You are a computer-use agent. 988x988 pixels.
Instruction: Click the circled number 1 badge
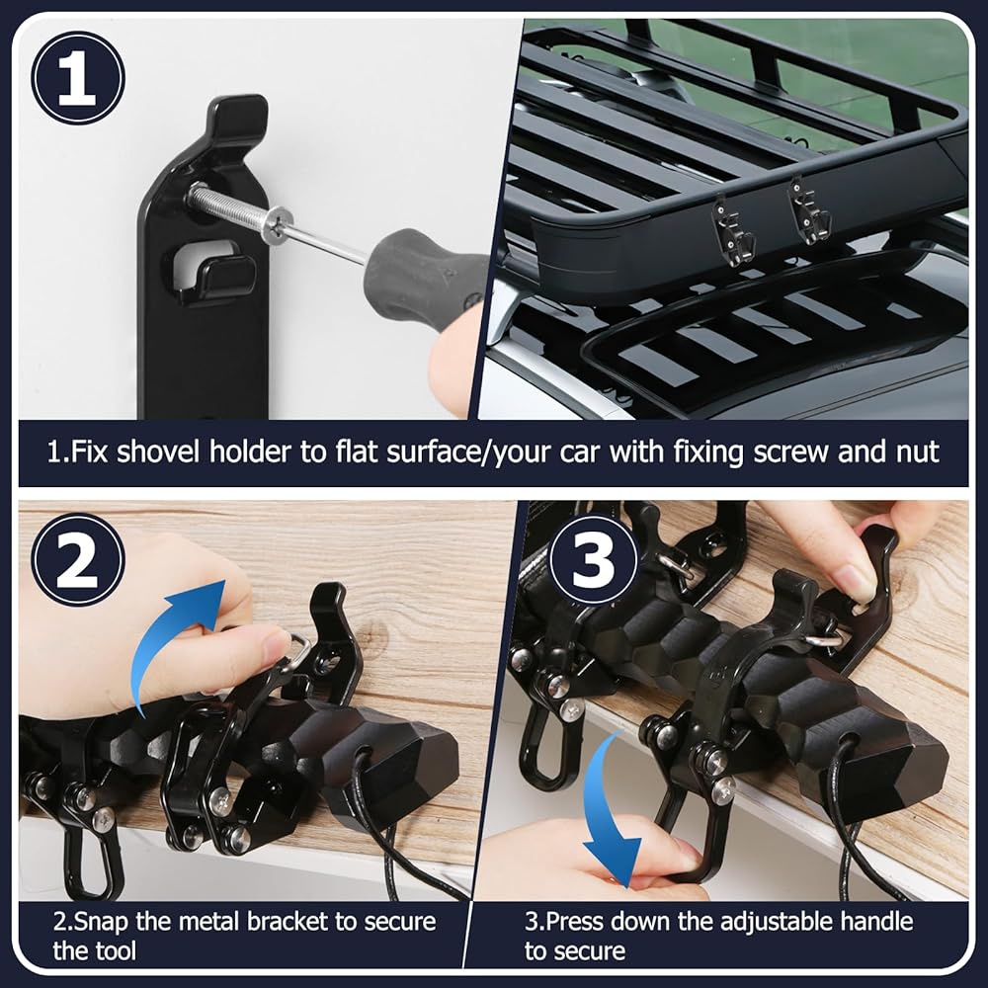coord(78,78)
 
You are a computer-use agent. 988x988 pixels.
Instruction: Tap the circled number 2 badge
coord(78,559)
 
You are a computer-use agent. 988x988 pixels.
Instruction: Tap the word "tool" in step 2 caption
coord(114,950)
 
